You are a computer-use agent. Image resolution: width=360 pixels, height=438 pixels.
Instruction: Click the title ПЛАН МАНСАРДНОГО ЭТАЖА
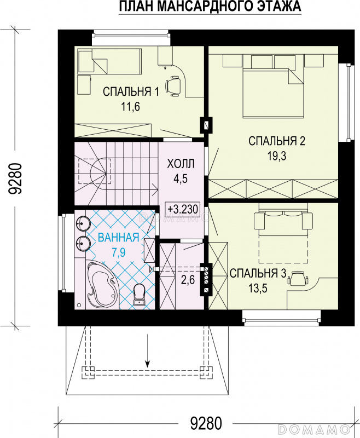(210, 7)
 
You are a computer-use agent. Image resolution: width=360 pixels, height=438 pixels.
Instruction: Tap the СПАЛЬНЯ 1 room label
(131, 91)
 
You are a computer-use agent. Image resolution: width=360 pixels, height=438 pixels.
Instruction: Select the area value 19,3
(277, 156)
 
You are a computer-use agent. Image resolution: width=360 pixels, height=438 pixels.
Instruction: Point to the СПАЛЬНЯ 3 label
(258, 273)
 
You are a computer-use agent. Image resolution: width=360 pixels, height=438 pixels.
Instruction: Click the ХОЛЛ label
(181, 164)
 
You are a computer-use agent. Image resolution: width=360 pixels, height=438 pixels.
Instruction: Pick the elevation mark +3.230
(183, 209)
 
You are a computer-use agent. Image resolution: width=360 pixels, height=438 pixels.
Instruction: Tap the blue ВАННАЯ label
(119, 238)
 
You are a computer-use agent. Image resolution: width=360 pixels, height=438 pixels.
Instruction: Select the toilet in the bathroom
(139, 295)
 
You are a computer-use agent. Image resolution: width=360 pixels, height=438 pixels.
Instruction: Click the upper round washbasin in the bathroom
(82, 223)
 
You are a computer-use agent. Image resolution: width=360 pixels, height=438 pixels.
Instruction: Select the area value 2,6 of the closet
(188, 280)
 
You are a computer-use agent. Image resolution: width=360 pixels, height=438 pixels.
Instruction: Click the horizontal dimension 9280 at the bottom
(206, 423)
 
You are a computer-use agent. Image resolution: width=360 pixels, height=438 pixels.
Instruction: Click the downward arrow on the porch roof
(148, 350)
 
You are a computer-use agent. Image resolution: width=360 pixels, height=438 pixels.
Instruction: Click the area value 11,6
(130, 106)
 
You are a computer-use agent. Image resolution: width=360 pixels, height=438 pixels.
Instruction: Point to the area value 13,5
(258, 289)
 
